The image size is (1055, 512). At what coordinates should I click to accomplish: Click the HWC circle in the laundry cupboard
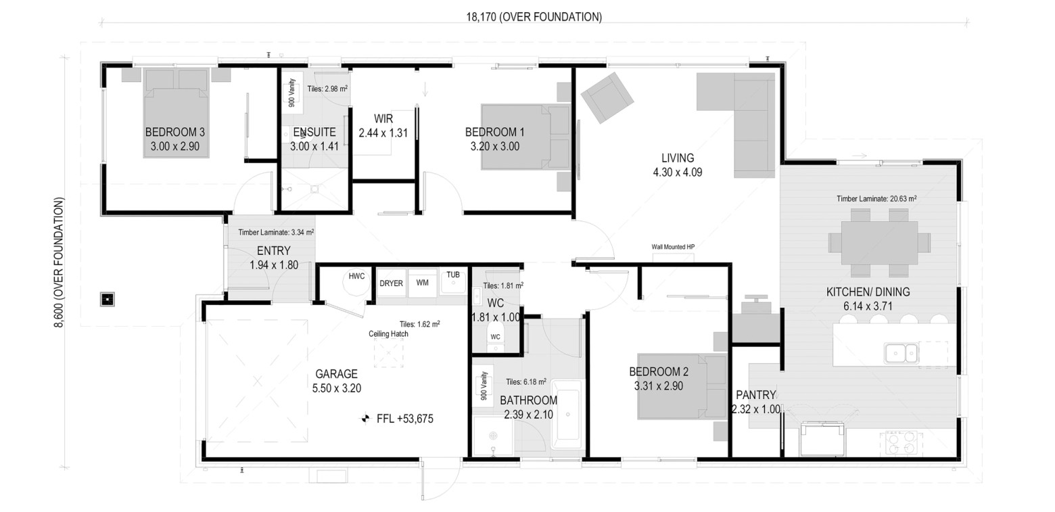(x=356, y=282)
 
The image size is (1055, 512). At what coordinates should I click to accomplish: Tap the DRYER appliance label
(x=391, y=283)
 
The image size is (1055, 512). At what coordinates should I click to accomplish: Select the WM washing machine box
(x=423, y=283)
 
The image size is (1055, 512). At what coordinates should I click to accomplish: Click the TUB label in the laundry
(x=453, y=275)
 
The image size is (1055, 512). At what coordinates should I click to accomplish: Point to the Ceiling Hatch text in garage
(x=388, y=334)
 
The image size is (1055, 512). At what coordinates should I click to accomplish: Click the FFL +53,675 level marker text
(x=405, y=419)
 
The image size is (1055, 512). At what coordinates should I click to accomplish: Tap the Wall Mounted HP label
(x=673, y=247)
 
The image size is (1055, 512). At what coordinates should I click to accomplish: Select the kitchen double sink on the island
(x=901, y=353)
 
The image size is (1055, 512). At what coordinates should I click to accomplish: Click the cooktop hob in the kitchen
(x=901, y=443)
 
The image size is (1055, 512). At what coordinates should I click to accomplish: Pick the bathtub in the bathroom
(x=568, y=415)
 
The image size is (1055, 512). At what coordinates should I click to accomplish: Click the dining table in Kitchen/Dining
(x=879, y=243)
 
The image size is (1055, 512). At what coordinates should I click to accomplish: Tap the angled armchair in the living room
(x=607, y=97)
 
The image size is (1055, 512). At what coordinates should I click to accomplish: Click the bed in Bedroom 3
(x=176, y=113)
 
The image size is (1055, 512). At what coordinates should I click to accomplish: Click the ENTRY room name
(x=274, y=250)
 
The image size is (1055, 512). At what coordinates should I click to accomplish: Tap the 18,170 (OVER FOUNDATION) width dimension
(x=534, y=17)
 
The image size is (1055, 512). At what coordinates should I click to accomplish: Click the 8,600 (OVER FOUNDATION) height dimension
(x=59, y=262)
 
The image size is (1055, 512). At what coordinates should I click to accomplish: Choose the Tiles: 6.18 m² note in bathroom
(x=526, y=381)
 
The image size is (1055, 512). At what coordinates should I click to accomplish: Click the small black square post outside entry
(x=108, y=299)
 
